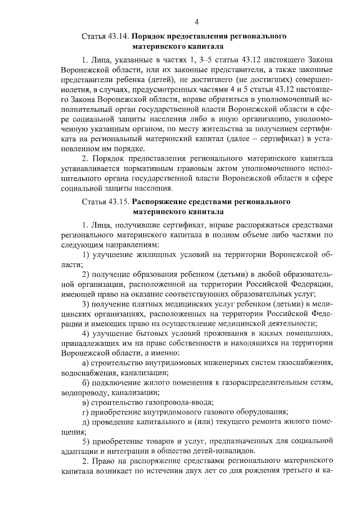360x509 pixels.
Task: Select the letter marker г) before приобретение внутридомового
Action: point(85,412)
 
